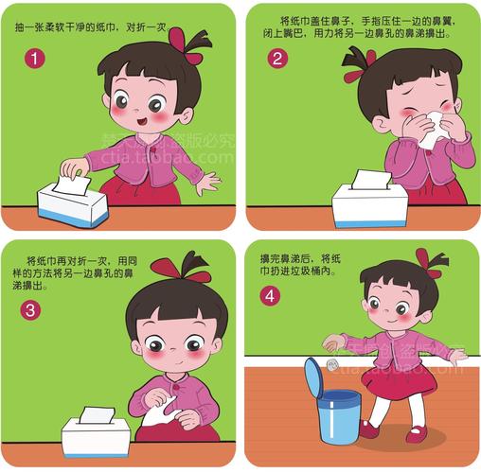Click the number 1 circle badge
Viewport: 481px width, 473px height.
35,59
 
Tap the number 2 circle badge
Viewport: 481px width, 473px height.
277,59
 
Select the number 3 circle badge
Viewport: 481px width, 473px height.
30,310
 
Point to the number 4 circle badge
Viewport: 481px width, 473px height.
270,296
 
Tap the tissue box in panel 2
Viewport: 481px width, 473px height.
369,205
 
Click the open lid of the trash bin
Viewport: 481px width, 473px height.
313,377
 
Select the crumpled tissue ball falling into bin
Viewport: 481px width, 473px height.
331,365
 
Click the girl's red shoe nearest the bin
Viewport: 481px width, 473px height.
368,429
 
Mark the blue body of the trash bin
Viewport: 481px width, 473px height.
339,417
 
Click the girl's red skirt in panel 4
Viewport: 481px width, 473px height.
399,381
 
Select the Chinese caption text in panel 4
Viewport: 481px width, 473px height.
300,265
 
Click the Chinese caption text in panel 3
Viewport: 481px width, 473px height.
75,273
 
